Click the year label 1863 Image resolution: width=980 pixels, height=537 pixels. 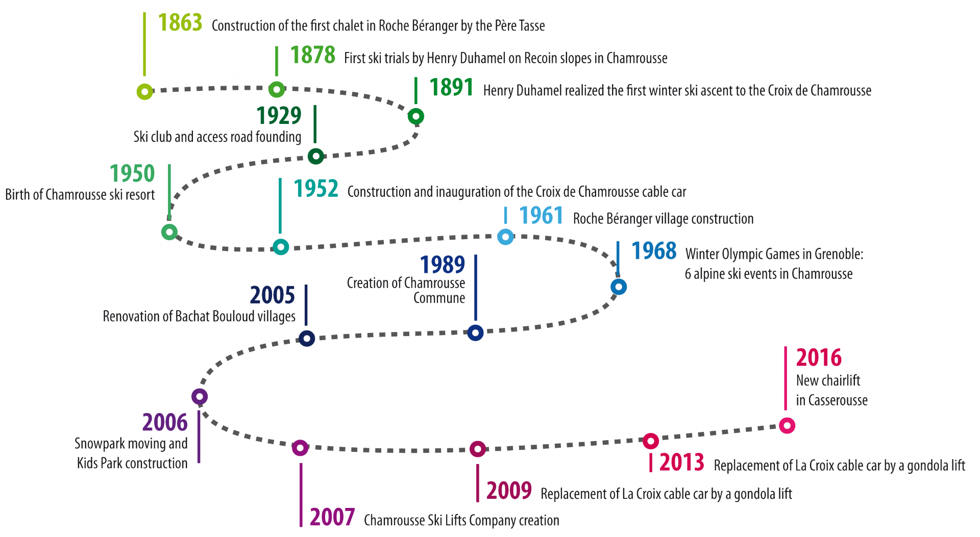pyautogui.click(x=180, y=22)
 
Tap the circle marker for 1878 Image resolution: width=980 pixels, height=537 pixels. pyautogui.click(x=277, y=89)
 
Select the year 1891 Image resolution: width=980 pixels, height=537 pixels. pyautogui.click(x=452, y=87)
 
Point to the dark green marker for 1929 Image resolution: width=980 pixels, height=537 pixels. pyautogui.click(x=316, y=156)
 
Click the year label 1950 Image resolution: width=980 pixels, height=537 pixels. pyautogui.click(x=132, y=173)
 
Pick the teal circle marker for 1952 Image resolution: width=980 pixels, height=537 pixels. pyautogui.click(x=280, y=247)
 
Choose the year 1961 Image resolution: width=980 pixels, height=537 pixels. pyautogui.click(x=541, y=216)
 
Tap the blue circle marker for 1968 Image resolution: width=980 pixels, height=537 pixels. pyautogui.click(x=619, y=287)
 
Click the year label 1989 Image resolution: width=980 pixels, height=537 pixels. pyautogui.click(x=443, y=265)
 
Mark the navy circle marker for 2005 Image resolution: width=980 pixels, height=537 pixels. pyautogui.click(x=306, y=338)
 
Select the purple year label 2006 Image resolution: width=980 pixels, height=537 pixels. pyautogui.click(x=165, y=422)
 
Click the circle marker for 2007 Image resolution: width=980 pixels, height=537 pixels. pyautogui.click(x=300, y=448)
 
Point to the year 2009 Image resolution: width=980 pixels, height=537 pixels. pyautogui.click(x=509, y=491)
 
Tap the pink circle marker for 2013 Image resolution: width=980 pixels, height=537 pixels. pyautogui.click(x=651, y=441)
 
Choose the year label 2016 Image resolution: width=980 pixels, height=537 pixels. pyautogui.click(x=819, y=357)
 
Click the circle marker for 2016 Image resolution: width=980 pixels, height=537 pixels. pyautogui.click(x=787, y=425)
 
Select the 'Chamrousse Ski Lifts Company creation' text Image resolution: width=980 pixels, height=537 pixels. pyautogui.click(x=461, y=521)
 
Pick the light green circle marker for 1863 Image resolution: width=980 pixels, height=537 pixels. pyautogui.click(x=145, y=91)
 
